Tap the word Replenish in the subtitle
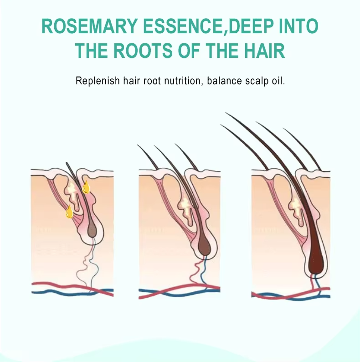96,81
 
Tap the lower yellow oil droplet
69,212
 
